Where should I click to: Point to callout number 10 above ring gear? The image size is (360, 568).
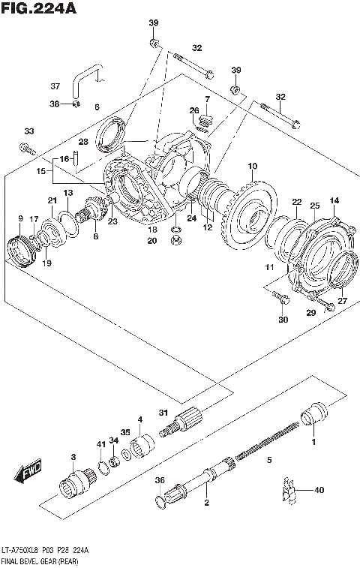252,166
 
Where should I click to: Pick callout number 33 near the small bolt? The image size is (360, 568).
28,131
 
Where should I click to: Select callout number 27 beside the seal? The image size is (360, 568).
343,301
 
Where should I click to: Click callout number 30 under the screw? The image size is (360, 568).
283,320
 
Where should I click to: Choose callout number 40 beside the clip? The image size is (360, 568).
319,491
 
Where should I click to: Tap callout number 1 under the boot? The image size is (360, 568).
313,442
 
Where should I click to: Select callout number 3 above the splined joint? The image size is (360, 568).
73,457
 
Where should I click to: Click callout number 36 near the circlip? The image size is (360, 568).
159,481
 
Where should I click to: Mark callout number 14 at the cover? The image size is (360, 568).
334,200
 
